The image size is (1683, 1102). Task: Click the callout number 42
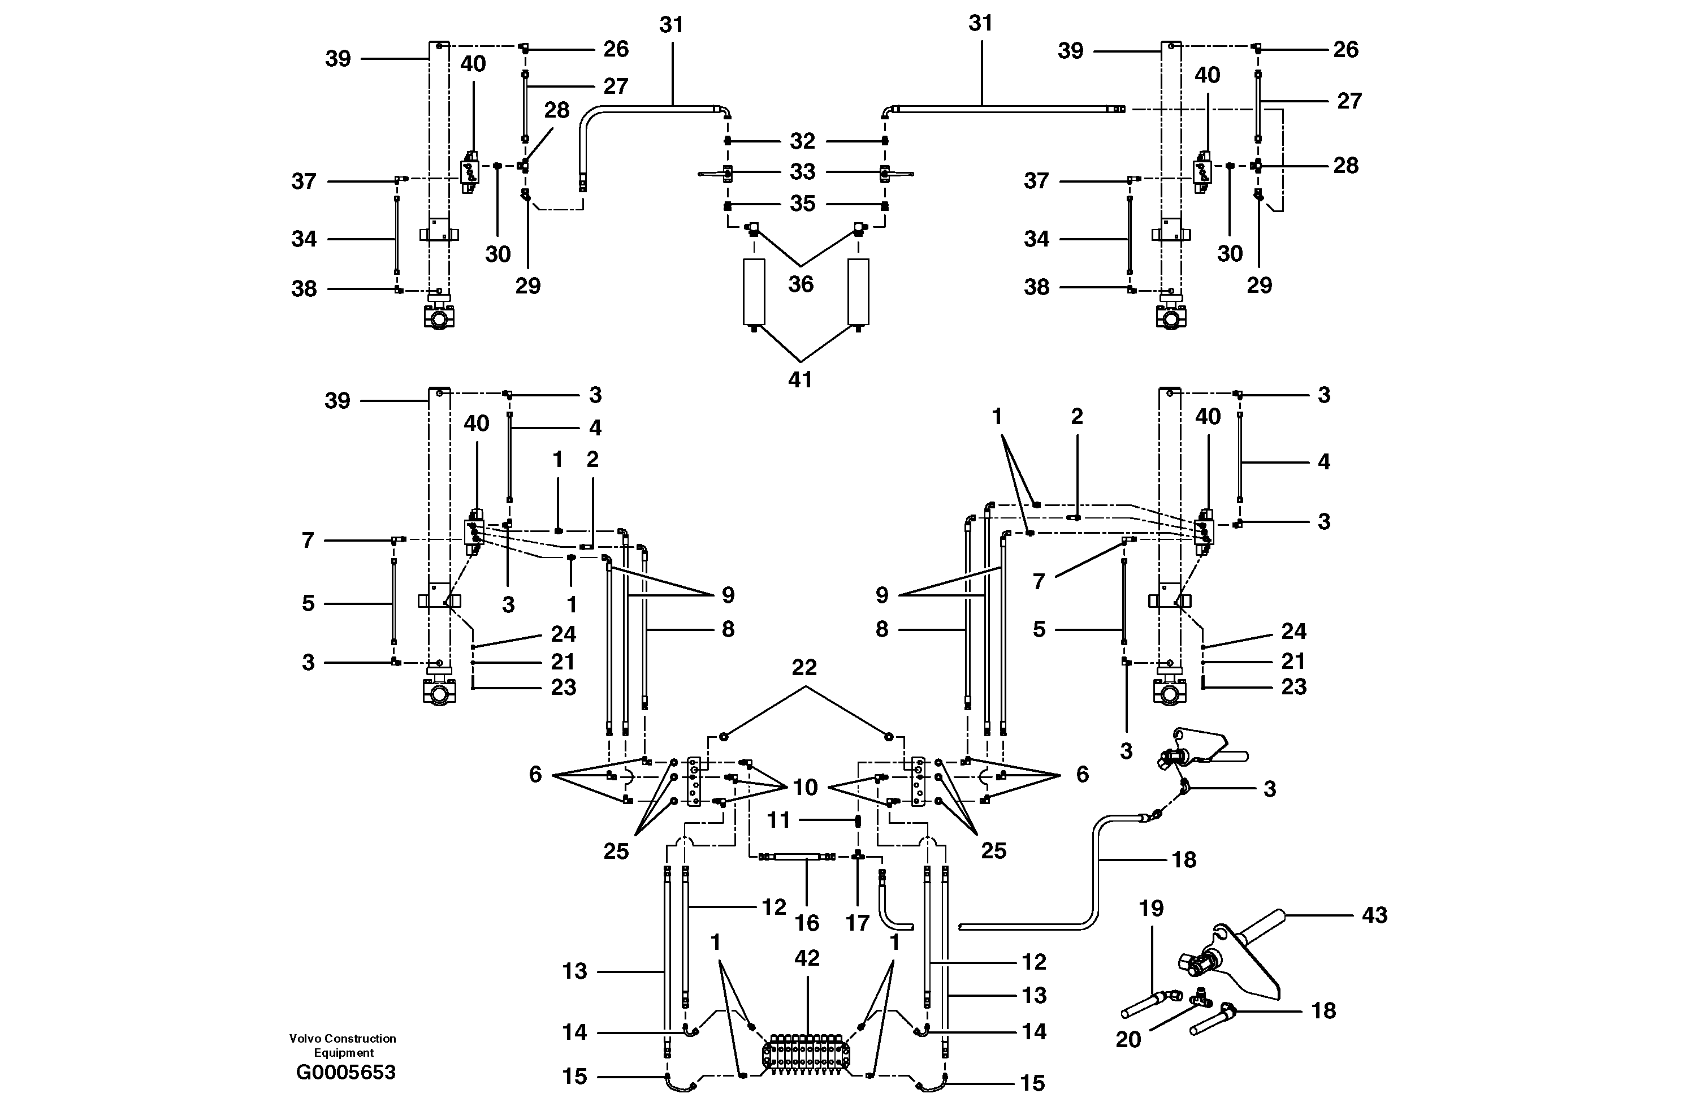(807, 958)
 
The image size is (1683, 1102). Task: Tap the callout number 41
(801, 380)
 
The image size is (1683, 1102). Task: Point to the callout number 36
(801, 284)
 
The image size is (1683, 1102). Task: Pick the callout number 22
(804, 667)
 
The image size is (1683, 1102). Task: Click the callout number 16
(807, 923)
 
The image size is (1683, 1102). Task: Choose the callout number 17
(858, 923)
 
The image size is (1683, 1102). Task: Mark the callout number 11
(778, 820)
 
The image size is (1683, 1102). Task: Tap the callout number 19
(1151, 908)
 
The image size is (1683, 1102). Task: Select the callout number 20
(1128, 1039)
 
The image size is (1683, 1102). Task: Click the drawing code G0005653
(346, 1072)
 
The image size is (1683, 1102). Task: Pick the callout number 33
(803, 172)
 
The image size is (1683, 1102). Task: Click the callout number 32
(803, 141)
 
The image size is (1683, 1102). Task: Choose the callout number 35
(803, 204)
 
